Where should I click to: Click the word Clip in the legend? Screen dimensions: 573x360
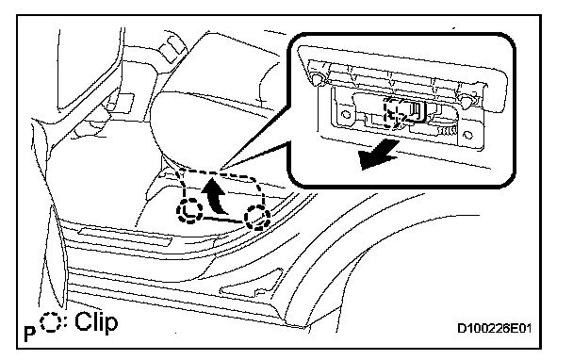(96, 322)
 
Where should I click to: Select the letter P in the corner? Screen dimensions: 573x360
(30, 334)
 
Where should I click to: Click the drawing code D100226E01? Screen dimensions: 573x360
(494, 328)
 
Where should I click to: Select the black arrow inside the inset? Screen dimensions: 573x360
(378, 155)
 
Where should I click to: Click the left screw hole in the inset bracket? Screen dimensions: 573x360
(345, 115)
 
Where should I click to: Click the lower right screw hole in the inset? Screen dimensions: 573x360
(467, 135)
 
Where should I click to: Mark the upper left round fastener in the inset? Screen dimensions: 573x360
(316, 78)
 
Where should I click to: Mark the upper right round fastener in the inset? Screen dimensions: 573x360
(467, 100)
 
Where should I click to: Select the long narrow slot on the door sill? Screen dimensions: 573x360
(125, 237)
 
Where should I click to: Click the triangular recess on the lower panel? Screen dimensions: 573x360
(253, 284)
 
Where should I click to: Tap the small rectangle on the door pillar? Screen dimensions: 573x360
(125, 101)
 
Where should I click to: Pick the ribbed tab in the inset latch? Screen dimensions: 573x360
(447, 130)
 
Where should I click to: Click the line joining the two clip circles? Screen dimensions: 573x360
(223, 220)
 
